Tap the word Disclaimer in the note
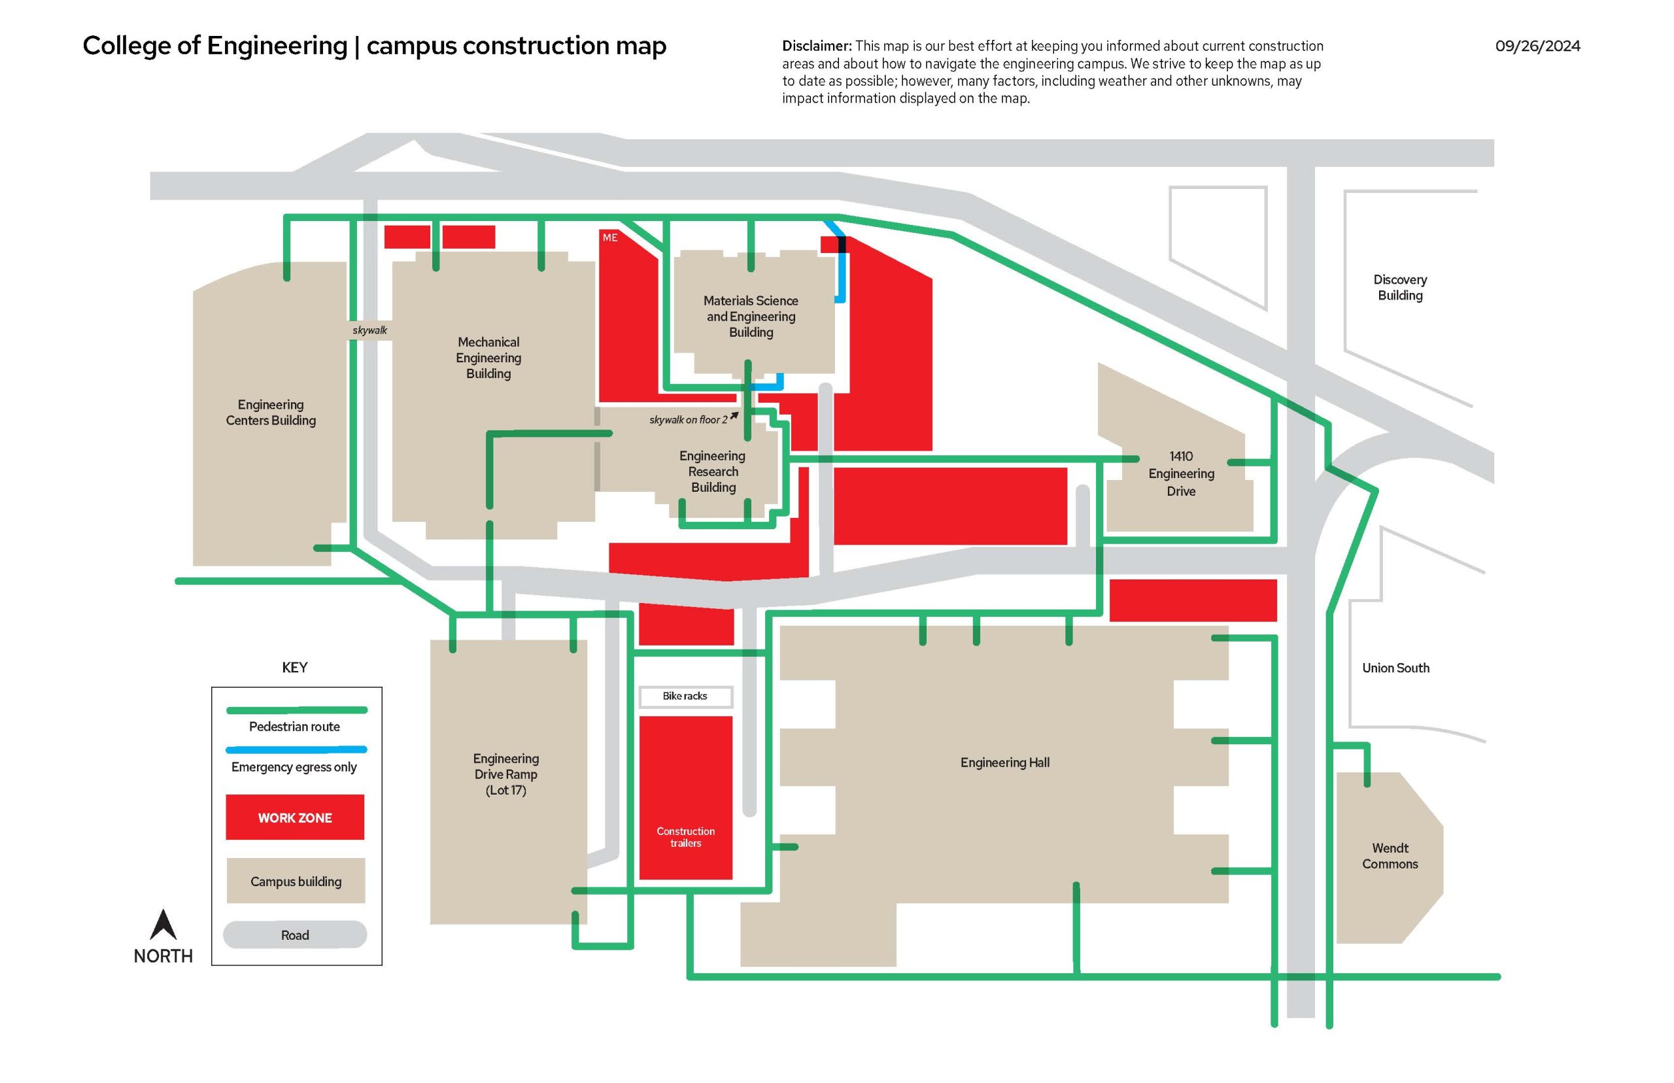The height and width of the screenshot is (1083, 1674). pyautogui.click(x=815, y=46)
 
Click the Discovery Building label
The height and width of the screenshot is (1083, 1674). pyautogui.click(x=1399, y=288)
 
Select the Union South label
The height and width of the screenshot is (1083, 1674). pyautogui.click(x=1395, y=668)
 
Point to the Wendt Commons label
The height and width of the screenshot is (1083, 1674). pyautogui.click(x=1390, y=856)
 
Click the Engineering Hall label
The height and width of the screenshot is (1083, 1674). pyautogui.click(x=1004, y=763)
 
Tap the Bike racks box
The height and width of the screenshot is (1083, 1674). pyautogui.click(x=685, y=696)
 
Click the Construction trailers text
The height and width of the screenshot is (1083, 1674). pyautogui.click(x=685, y=837)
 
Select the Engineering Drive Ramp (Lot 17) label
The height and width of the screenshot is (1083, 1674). pyautogui.click(x=505, y=774)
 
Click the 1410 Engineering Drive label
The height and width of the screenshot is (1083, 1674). pyautogui.click(x=1180, y=473)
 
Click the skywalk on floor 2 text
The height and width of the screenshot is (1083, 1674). pyautogui.click(x=689, y=420)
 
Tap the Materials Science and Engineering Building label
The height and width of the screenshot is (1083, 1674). pyautogui.click(x=750, y=317)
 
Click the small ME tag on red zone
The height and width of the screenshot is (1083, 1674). pyautogui.click(x=609, y=237)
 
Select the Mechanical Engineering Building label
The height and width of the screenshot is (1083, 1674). pyautogui.click(x=488, y=357)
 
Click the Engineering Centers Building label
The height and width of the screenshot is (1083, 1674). pyautogui.click(x=271, y=412)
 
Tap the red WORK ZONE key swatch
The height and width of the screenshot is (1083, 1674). pyautogui.click(x=294, y=817)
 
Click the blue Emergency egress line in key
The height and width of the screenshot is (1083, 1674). pyautogui.click(x=296, y=749)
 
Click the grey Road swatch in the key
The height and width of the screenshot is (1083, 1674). pyautogui.click(x=294, y=935)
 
